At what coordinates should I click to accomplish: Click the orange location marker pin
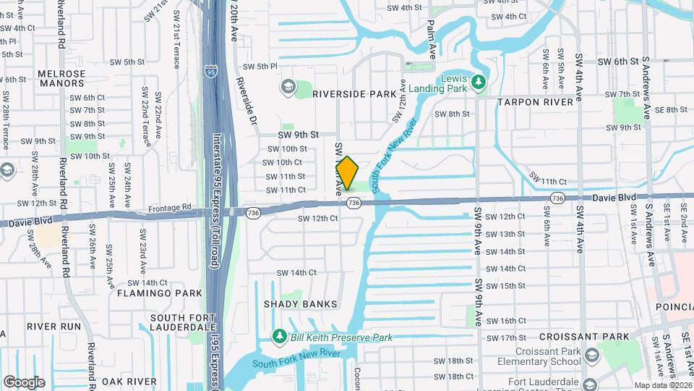(347, 173)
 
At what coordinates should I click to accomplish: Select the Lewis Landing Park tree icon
(477, 83)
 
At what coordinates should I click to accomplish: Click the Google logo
(24, 382)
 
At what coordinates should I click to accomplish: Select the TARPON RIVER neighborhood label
(535, 102)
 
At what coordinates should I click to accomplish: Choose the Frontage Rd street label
(169, 207)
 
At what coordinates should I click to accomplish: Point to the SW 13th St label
(505, 234)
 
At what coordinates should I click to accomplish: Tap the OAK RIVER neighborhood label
(129, 381)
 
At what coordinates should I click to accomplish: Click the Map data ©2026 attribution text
(663, 385)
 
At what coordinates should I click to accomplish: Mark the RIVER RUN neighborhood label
(54, 327)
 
